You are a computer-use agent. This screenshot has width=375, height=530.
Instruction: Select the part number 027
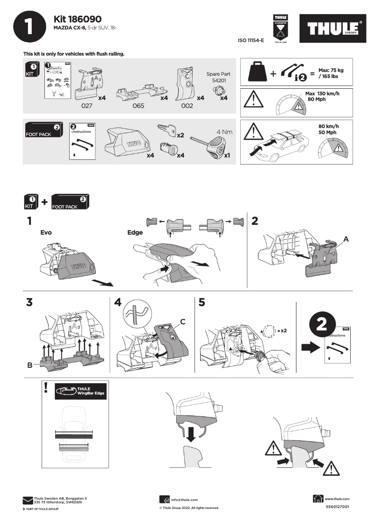point(87,106)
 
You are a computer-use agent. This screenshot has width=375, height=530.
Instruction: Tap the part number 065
point(138,106)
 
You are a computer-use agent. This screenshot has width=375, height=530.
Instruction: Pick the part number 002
point(187,106)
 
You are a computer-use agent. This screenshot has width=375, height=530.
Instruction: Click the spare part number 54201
point(218,80)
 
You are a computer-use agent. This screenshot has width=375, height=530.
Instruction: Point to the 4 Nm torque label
point(224,132)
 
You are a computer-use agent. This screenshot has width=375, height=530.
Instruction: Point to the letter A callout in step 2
point(346,238)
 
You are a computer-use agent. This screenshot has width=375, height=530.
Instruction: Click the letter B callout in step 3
point(30,365)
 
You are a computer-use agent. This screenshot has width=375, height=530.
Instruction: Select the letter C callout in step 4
point(183,321)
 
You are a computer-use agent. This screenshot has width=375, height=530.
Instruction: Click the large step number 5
point(202,302)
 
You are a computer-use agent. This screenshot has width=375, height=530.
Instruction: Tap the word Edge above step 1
point(135,232)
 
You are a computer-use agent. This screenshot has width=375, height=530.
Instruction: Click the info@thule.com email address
point(184,500)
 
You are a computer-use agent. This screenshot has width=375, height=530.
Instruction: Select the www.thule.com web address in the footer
point(337,499)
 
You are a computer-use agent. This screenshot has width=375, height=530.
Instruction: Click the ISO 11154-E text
point(251,41)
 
